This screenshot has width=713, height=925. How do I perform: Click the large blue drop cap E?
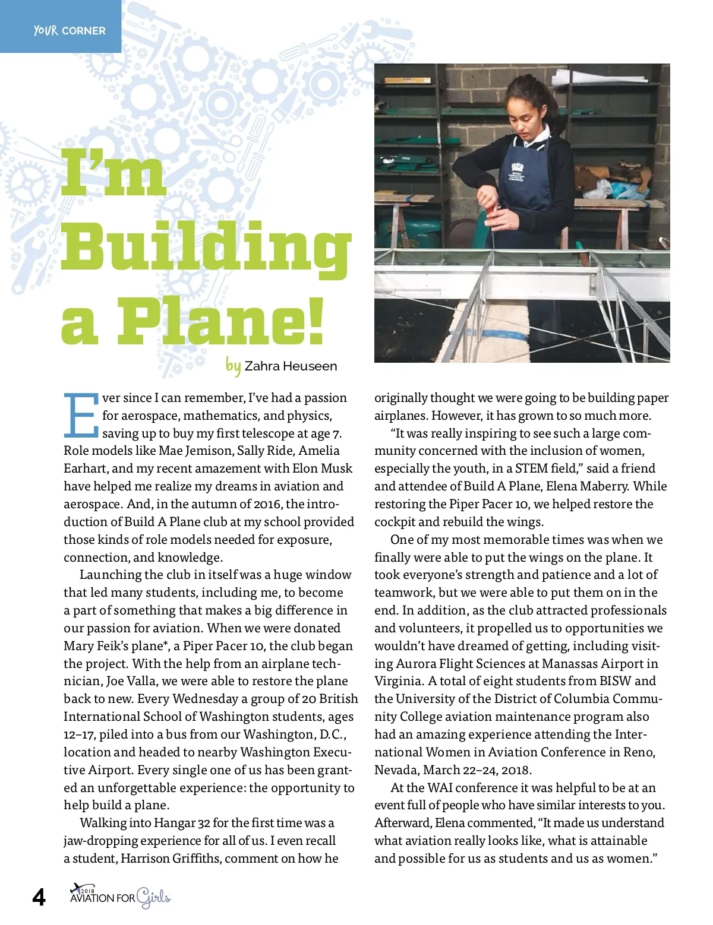click(x=80, y=414)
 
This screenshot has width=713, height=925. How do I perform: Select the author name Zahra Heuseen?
click(x=291, y=366)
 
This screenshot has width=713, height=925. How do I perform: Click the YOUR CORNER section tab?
click(x=70, y=30)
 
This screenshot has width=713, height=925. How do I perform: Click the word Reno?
click(x=638, y=752)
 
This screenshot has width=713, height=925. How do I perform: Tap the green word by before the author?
click(x=233, y=365)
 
